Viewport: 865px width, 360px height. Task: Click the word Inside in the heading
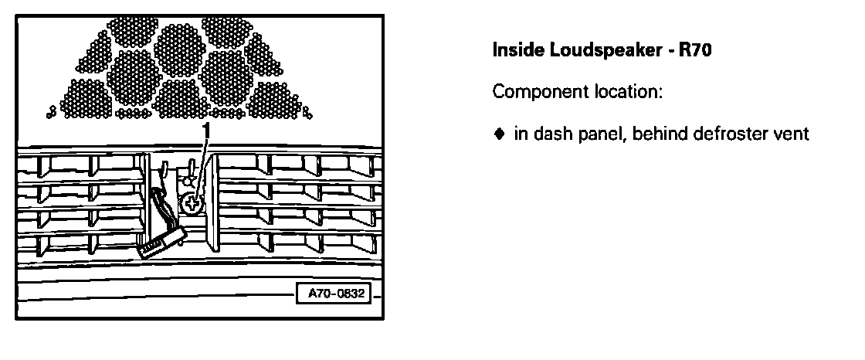tap(512, 52)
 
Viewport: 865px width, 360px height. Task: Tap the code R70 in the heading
tap(693, 52)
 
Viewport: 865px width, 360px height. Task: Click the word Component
tap(534, 93)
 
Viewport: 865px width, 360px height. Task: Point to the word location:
tap(622, 93)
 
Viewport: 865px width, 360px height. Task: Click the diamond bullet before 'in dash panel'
tap(499, 134)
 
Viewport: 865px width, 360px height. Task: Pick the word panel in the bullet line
tap(586, 134)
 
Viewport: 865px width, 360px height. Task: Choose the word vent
tap(791, 134)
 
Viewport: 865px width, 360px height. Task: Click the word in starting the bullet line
tap(519, 134)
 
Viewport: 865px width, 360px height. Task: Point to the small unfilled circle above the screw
tap(186, 182)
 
